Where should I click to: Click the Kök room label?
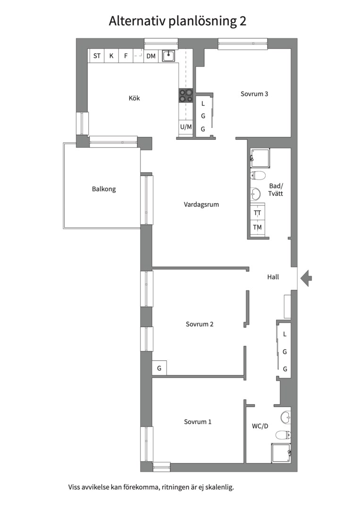coord(134,98)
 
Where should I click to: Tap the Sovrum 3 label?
coord(254,93)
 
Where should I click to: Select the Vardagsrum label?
coord(201,204)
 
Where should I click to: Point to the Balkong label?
coord(104,189)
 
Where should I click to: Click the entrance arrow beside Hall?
coord(306,278)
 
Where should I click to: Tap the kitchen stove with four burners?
coord(186,95)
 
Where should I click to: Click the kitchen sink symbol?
coord(168,56)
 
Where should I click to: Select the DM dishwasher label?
coord(151,56)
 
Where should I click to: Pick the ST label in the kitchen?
coord(97,56)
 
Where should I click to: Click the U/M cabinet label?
coord(186,127)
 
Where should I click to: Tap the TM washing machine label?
coord(257,227)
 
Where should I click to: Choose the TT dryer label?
coord(257,213)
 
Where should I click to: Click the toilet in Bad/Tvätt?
coord(258,176)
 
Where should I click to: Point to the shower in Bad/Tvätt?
coord(260,158)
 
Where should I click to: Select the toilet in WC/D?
coord(283,434)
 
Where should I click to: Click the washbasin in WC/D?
coord(285,417)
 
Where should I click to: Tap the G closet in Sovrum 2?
coord(159,368)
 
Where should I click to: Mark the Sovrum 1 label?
coord(198,422)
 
